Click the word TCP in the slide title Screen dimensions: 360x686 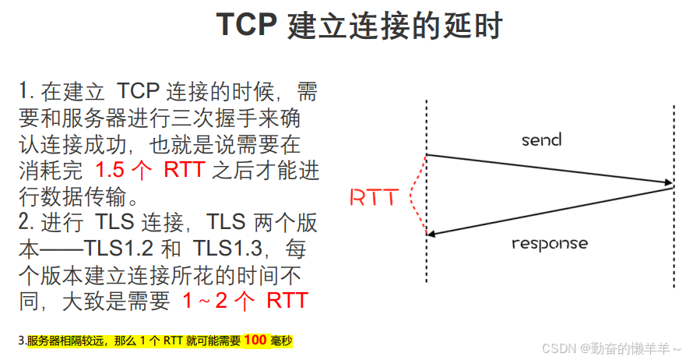pos(247,26)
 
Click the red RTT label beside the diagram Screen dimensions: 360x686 pos(374,198)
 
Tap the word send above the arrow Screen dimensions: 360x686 pos(541,140)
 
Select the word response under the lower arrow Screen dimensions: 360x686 pos(550,243)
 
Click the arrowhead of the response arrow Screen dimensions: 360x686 pos(431,232)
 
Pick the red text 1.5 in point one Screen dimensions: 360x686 pos(112,171)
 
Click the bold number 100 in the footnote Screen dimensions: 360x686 pos(255,341)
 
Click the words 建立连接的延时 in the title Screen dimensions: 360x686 pos(395,26)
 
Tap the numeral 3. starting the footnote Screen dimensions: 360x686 pos(22,341)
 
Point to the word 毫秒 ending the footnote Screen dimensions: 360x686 pos(281,341)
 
